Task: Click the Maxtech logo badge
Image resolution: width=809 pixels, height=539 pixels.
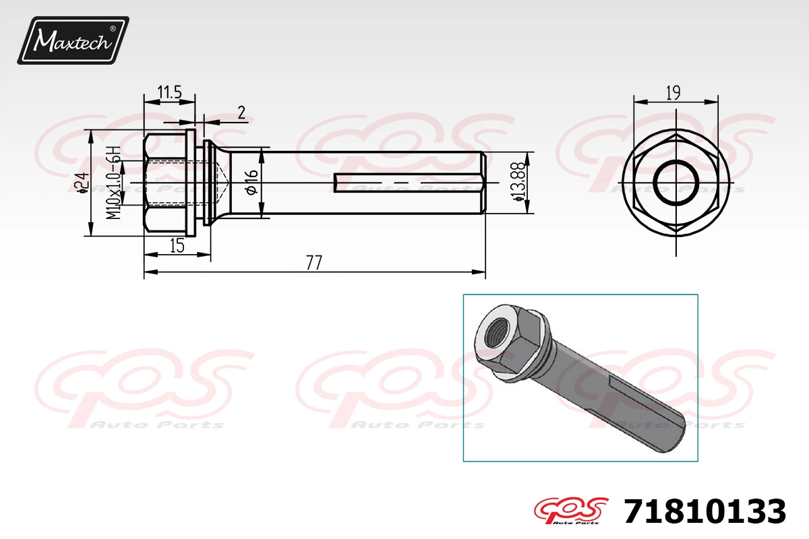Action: click(x=73, y=40)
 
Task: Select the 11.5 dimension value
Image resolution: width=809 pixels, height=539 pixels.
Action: click(x=169, y=92)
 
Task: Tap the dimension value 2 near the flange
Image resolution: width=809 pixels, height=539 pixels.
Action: click(x=241, y=113)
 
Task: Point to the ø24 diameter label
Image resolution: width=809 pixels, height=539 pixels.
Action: click(x=83, y=183)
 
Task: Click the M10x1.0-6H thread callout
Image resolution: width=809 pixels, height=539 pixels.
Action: click(x=114, y=183)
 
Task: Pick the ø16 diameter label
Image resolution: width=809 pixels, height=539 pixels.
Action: click(x=252, y=183)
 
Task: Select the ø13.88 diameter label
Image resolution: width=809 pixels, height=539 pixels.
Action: click(x=518, y=182)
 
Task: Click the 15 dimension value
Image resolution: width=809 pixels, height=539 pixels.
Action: click(x=177, y=246)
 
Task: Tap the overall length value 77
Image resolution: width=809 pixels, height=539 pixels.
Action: click(x=313, y=263)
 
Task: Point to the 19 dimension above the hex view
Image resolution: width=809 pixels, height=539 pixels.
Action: click(x=673, y=93)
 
